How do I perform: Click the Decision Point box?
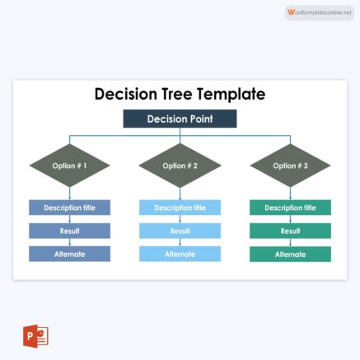180,119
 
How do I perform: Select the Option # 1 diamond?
69,166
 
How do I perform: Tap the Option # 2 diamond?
180,166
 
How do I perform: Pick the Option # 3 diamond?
290,166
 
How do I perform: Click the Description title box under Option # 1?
69,208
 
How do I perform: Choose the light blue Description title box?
180,208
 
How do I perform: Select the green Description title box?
290,208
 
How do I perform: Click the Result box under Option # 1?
69,231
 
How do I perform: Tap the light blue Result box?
180,231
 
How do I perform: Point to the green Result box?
290,231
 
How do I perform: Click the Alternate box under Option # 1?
69,254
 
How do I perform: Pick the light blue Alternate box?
180,254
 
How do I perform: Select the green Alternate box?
290,254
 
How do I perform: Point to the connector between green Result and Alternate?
290,242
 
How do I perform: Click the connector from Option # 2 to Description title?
180,194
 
